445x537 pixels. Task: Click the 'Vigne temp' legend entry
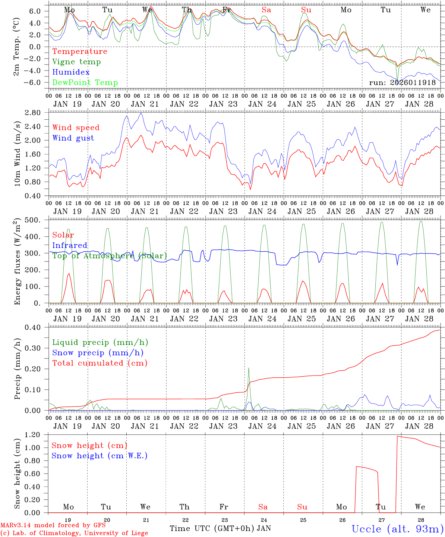click(76, 62)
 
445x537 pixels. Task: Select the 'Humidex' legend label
click(71, 72)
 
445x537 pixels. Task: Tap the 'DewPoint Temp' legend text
click(85, 83)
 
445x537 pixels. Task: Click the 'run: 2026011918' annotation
click(402, 82)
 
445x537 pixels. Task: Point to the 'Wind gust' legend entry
click(73, 138)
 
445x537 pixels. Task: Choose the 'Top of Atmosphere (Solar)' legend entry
click(110, 256)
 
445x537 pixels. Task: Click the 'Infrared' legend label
click(70, 245)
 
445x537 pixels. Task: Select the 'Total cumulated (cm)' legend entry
click(100, 363)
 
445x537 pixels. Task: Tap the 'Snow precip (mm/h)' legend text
click(98, 353)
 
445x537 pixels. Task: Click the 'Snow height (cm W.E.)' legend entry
click(100, 456)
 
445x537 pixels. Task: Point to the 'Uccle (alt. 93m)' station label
click(398, 529)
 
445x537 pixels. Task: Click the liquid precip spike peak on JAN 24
click(249, 368)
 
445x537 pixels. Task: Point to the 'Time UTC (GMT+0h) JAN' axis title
click(220, 528)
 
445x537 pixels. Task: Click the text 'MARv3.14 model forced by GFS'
click(53, 525)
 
